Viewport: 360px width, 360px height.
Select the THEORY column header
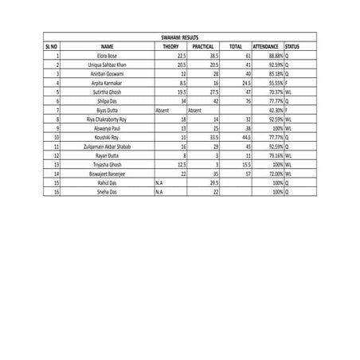170,47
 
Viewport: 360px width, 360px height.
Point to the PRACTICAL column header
203,47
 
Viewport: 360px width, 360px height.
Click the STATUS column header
293,47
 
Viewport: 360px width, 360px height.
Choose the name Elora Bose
108,57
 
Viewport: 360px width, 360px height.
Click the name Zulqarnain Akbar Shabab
108,147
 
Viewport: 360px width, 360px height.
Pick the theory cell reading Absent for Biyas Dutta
162,110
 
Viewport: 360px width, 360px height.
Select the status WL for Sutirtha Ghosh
290,92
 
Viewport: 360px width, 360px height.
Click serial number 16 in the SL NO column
57,192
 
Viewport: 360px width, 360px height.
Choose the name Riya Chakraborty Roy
108,119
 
